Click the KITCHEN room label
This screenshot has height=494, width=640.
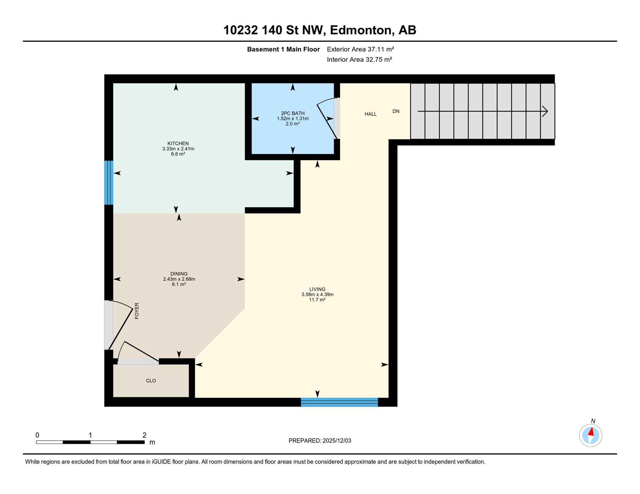(x=178, y=143)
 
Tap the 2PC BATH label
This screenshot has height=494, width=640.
(x=293, y=113)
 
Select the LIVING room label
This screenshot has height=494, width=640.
(x=317, y=289)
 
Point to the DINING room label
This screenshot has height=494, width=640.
(x=179, y=274)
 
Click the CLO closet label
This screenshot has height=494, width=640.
(x=151, y=381)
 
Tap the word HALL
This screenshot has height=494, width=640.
(x=371, y=114)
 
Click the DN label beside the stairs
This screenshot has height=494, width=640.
(x=396, y=111)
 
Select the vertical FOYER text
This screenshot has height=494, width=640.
(x=137, y=311)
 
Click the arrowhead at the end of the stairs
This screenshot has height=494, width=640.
(x=545, y=111)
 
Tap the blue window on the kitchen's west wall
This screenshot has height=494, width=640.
(x=109, y=183)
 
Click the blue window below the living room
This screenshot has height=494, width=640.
(x=339, y=402)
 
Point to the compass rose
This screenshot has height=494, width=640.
(x=590, y=435)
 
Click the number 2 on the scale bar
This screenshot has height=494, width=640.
(x=145, y=435)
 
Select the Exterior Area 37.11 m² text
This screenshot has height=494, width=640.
(x=360, y=49)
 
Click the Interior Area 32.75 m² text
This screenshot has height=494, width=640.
(x=359, y=59)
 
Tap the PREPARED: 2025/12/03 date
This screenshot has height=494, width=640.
(x=320, y=441)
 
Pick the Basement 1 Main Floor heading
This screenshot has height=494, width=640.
(x=283, y=49)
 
